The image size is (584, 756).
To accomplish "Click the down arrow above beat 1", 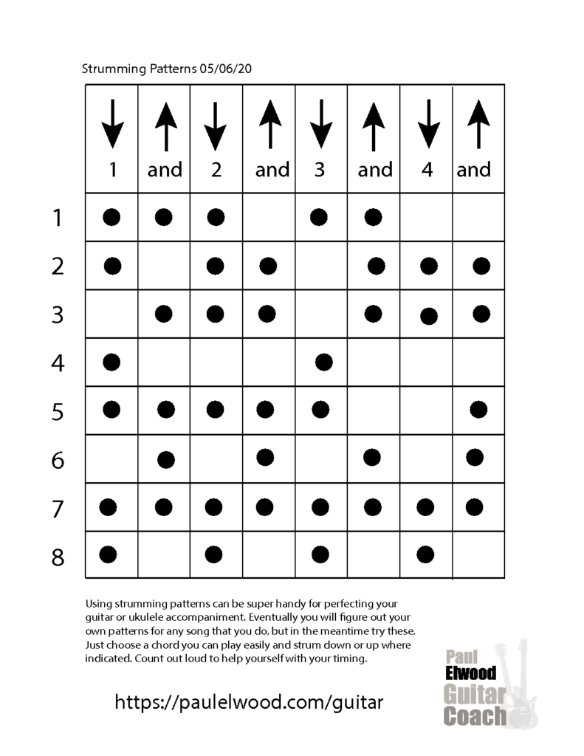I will click(112, 125).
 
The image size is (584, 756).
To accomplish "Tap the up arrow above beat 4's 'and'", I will click(480, 125).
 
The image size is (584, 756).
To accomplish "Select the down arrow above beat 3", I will click(320, 125).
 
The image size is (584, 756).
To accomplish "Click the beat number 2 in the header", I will click(216, 170).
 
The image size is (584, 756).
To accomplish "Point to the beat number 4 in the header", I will click(427, 170).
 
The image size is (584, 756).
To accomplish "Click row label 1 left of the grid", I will click(58, 219).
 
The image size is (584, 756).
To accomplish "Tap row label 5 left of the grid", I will click(58, 411).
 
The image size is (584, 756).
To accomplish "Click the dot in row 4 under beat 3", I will click(323, 362).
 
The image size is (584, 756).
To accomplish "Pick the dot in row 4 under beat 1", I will click(111, 362).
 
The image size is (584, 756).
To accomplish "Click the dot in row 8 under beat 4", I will click(425, 554).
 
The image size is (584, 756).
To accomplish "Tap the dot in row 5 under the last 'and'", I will click(478, 408).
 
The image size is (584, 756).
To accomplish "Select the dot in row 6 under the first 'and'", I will click(166, 460).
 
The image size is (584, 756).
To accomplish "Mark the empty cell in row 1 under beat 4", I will click(426, 217).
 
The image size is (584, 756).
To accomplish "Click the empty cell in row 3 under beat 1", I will click(111, 314).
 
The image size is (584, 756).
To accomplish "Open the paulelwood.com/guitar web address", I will click(249, 701).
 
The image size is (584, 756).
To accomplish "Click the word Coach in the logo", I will click(475, 715).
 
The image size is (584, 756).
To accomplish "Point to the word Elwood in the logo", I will click(470, 673).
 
